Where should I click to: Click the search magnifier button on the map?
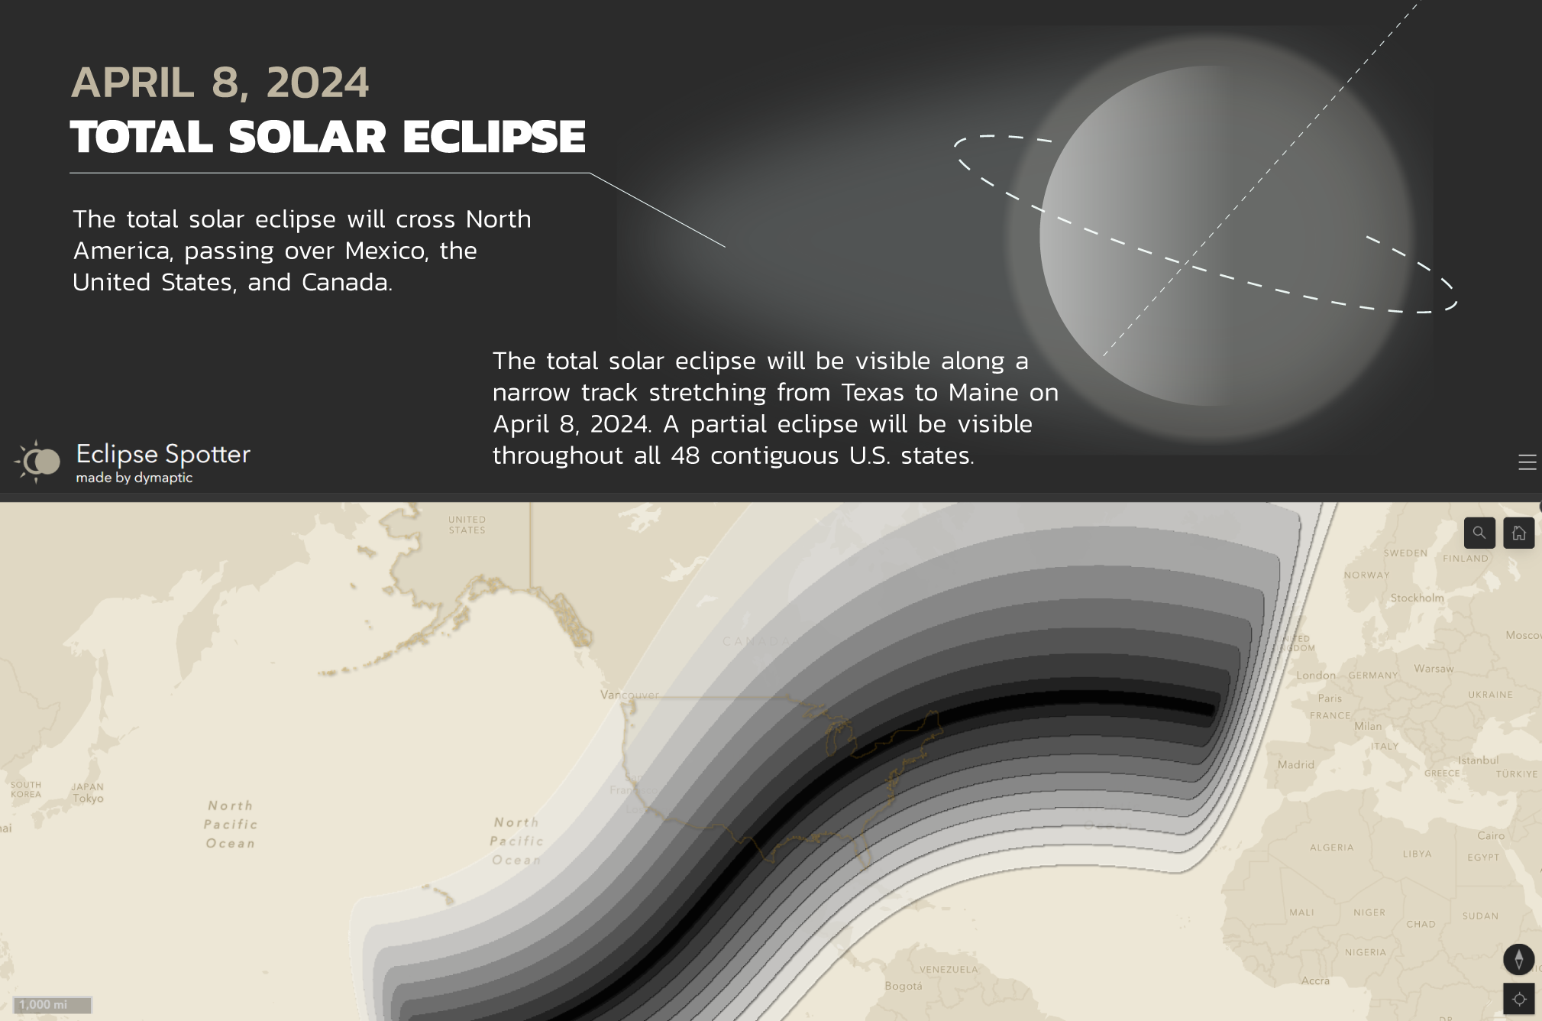1479,533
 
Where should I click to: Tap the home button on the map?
1518,533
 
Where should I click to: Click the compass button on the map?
1518,958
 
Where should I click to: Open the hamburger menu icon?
1527,462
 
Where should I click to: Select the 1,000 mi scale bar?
53,1005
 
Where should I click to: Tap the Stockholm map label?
1417,598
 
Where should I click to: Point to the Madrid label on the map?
1296,764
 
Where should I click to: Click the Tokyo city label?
88,799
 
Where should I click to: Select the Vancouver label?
629,695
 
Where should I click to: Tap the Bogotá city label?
903,986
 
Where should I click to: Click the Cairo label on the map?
1490,835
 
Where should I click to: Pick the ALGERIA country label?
1331,848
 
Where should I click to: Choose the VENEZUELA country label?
949,969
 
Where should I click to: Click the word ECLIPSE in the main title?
493,138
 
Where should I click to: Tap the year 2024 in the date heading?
317,83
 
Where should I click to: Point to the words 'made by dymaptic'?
134,478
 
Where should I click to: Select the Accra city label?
1315,980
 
